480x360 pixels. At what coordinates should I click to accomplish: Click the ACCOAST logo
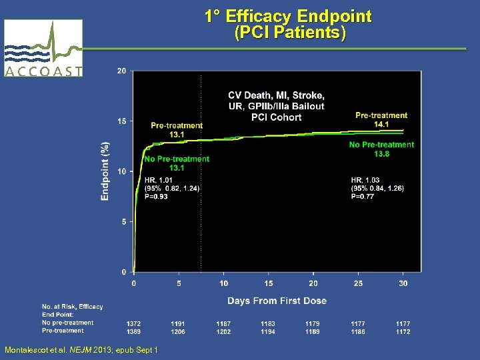pos(43,48)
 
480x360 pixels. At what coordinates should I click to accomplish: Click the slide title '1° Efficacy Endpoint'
pos(288,16)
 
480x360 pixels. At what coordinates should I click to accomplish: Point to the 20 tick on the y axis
pos(122,71)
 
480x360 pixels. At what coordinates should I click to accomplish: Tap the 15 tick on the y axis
pos(122,121)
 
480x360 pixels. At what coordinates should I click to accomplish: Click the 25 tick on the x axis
pos(358,283)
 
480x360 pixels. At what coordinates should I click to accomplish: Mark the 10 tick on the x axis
pos(223,283)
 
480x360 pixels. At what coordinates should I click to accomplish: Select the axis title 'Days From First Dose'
pos(277,301)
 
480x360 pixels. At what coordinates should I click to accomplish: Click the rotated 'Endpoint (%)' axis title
pos(105,171)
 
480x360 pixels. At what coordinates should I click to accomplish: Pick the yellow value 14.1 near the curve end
pos(381,124)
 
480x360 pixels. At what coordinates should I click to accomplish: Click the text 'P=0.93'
pos(157,196)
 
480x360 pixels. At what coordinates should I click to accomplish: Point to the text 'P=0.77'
pos(363,196)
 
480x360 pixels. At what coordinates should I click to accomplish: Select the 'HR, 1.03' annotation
pos(365,179)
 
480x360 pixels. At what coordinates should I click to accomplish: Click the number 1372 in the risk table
pos(134,323)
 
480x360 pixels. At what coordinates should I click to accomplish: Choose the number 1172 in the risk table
pos(403,331)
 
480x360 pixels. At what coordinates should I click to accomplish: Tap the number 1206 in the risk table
pos(178,331)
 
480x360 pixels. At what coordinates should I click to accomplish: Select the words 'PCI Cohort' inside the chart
pos(276,117)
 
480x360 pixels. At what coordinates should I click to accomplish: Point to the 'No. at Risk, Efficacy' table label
pos(73,307)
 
